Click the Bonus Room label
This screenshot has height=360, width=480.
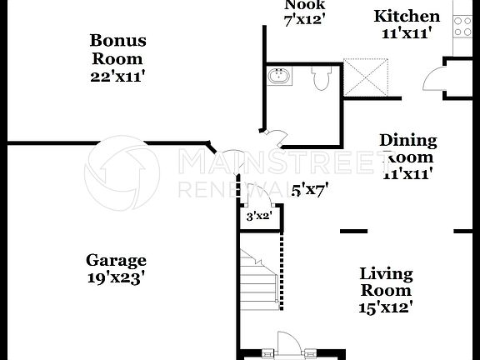point(117,50)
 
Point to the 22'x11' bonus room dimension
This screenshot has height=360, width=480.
point(118,76)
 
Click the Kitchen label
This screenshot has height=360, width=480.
point(406,17)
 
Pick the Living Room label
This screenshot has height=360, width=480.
point(386,282)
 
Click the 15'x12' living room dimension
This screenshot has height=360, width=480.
point(386,307)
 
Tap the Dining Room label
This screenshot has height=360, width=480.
point(407,148)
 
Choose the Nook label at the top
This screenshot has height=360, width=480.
point(305,3)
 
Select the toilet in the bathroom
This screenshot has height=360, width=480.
point(322,78)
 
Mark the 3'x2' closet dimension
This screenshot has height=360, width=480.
point(259,217)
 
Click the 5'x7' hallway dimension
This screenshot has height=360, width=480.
point(309,190)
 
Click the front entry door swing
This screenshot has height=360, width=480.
point(287,342)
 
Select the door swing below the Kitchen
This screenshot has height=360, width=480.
point(434,79)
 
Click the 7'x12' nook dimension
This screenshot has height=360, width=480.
point(305,17)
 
